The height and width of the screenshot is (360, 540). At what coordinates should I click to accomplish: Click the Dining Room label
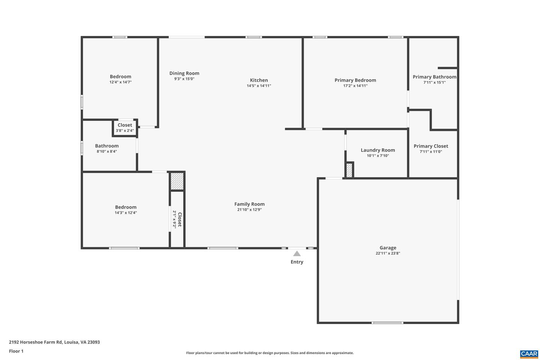coord(184,73)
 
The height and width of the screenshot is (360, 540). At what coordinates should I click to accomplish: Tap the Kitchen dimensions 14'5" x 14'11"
coord(259,86)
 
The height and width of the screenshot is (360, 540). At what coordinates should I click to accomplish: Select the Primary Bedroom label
coord(355,80)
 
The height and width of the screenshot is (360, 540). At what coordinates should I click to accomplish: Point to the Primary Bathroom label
coord(434,77)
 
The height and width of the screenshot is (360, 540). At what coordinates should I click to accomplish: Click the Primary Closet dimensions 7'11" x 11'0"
coord(430,152)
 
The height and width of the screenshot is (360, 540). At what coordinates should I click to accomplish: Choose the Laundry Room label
coord(378,150)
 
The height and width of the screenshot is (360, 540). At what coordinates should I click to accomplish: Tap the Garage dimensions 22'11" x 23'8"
coord(388,253)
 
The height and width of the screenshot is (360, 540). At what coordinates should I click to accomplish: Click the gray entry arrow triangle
coord(297,253)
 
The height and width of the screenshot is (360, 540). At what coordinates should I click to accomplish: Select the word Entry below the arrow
coord(297,262)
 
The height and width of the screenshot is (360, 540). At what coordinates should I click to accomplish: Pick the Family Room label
coord(249,204)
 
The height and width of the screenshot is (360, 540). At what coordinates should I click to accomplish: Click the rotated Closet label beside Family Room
coord(180,219)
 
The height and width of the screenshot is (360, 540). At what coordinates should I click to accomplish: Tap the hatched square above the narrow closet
coord(177,181)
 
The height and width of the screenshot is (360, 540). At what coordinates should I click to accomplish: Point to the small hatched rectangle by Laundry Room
coord(349,170)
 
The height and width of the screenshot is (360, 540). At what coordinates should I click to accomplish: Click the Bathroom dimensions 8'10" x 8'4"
coord(107,151)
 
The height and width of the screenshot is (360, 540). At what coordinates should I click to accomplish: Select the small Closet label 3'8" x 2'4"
coord(125,125)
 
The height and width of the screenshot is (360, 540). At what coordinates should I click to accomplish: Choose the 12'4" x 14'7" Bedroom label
coord(120,76)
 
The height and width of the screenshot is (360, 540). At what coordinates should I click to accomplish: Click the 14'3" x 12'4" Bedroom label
coord(126,207)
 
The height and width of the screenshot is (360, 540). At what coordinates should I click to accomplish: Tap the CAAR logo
coord(529,354)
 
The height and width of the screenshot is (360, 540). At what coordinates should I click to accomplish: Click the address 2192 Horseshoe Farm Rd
coord(54,342)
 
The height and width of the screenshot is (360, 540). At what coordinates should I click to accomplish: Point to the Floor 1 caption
coord(16,351)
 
